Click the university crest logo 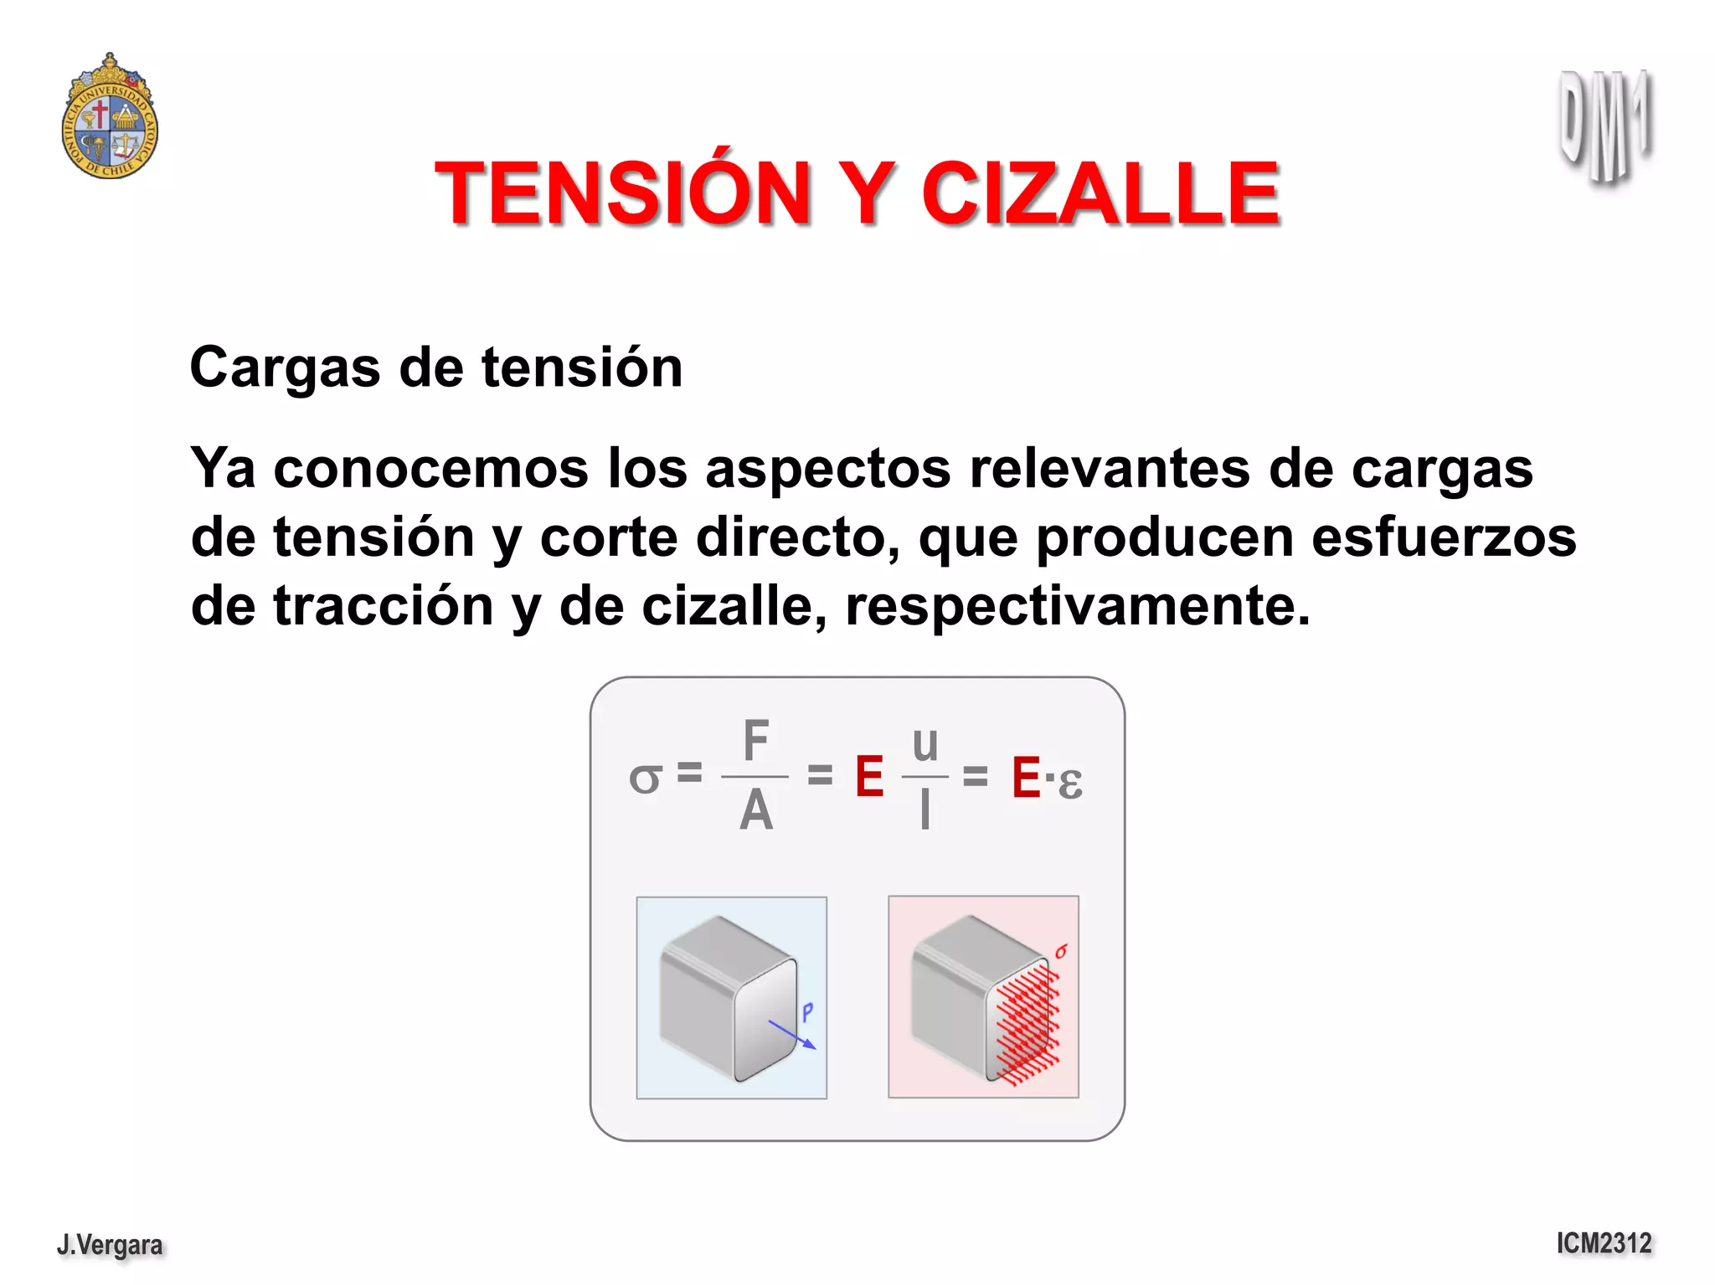[110, 117]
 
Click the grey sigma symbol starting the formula [645, 779]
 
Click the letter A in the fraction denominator [755, 810]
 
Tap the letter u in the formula [924, 744]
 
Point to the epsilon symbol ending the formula [1069, 783]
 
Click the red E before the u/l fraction [869, 777]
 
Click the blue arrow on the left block [791, 1035]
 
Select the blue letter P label [807, 1012]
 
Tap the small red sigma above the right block [1061, 951]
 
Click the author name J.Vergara [110, 1245]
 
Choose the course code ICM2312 [1604, 1243]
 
